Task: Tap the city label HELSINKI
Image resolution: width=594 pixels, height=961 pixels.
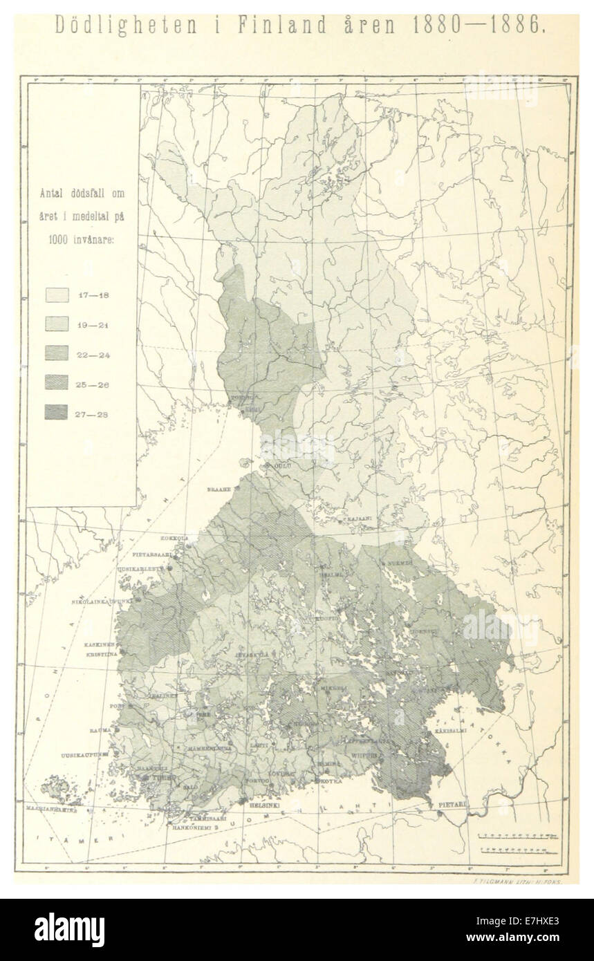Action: [265, 805]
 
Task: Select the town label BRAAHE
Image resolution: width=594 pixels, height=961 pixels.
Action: [218, 489]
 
